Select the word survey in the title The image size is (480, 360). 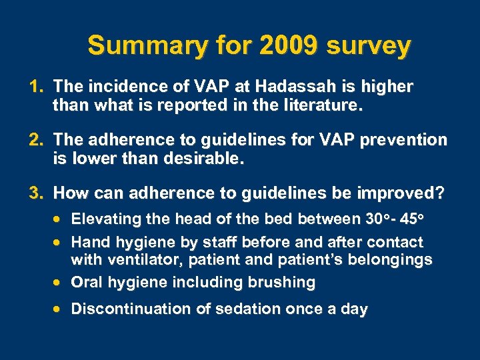tap(368, 46)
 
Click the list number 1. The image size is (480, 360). tap(35, 87)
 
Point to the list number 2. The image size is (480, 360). tap(35, 140)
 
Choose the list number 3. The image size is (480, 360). tap(35, 193)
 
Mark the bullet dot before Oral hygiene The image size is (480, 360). tap(60, 283)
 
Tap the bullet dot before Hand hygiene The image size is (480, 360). tap(60, 242)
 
